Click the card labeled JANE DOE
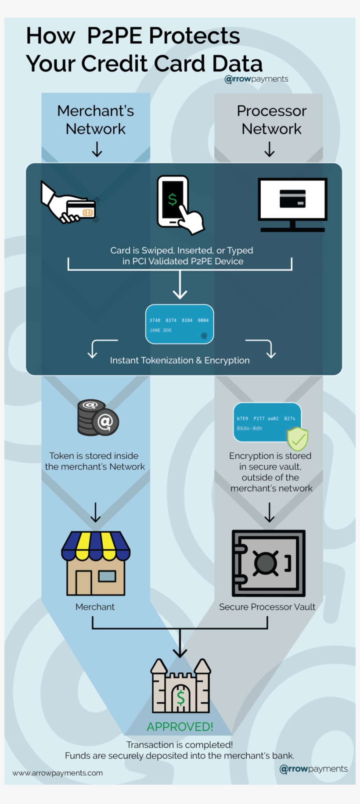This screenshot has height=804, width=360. coord(180,324)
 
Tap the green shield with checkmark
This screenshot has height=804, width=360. coord(298,439)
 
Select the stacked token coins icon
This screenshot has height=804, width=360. coord(97,418)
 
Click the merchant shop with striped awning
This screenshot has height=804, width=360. coord(96,564)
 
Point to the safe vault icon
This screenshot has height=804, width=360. coord(268,563)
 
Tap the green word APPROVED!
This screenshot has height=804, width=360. coord(180,727)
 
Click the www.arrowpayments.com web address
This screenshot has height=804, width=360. coord(58,773)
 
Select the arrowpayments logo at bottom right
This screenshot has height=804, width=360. coord(313,769)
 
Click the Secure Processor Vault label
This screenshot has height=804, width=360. coord(267,607)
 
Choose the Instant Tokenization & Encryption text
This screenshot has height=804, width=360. coord(180,360)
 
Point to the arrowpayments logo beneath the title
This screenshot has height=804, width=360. coord(256,79)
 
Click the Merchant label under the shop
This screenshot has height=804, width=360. coord(95,607)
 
